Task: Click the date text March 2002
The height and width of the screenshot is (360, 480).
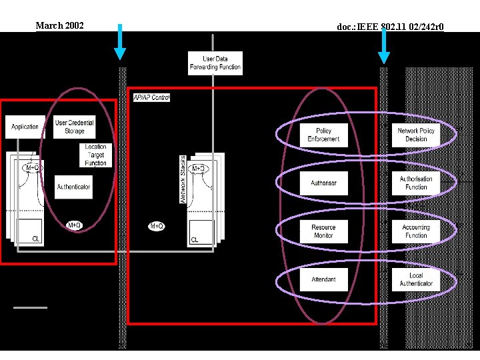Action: point(59,25)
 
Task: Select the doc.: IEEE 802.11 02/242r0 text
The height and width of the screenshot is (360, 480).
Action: point(390,27)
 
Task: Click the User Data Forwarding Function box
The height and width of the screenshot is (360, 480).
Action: point(215,63)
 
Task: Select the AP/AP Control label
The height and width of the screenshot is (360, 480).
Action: point(151,97)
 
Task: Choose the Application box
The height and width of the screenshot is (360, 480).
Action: point(25,127)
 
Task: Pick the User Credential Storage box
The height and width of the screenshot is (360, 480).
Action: point(74,127)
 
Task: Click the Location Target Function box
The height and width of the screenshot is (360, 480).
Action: point(95,155)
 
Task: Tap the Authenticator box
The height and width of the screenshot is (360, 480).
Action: point(73,187)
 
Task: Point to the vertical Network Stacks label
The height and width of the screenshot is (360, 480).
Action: point(183,179)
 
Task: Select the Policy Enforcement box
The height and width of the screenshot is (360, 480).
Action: point(323,135)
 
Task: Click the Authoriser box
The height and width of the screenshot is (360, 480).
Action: point(323,183)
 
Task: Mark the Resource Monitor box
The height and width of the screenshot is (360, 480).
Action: point(323,231)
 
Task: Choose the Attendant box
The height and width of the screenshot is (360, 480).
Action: point(323,279)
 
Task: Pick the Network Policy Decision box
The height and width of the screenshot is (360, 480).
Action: point(416,135)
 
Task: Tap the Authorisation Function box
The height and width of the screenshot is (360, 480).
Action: point(416,183)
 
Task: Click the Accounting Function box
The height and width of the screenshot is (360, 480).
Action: point(416,231)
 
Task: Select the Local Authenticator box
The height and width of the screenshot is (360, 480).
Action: point(416,279)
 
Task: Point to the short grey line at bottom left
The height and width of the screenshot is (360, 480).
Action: point(31,307)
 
